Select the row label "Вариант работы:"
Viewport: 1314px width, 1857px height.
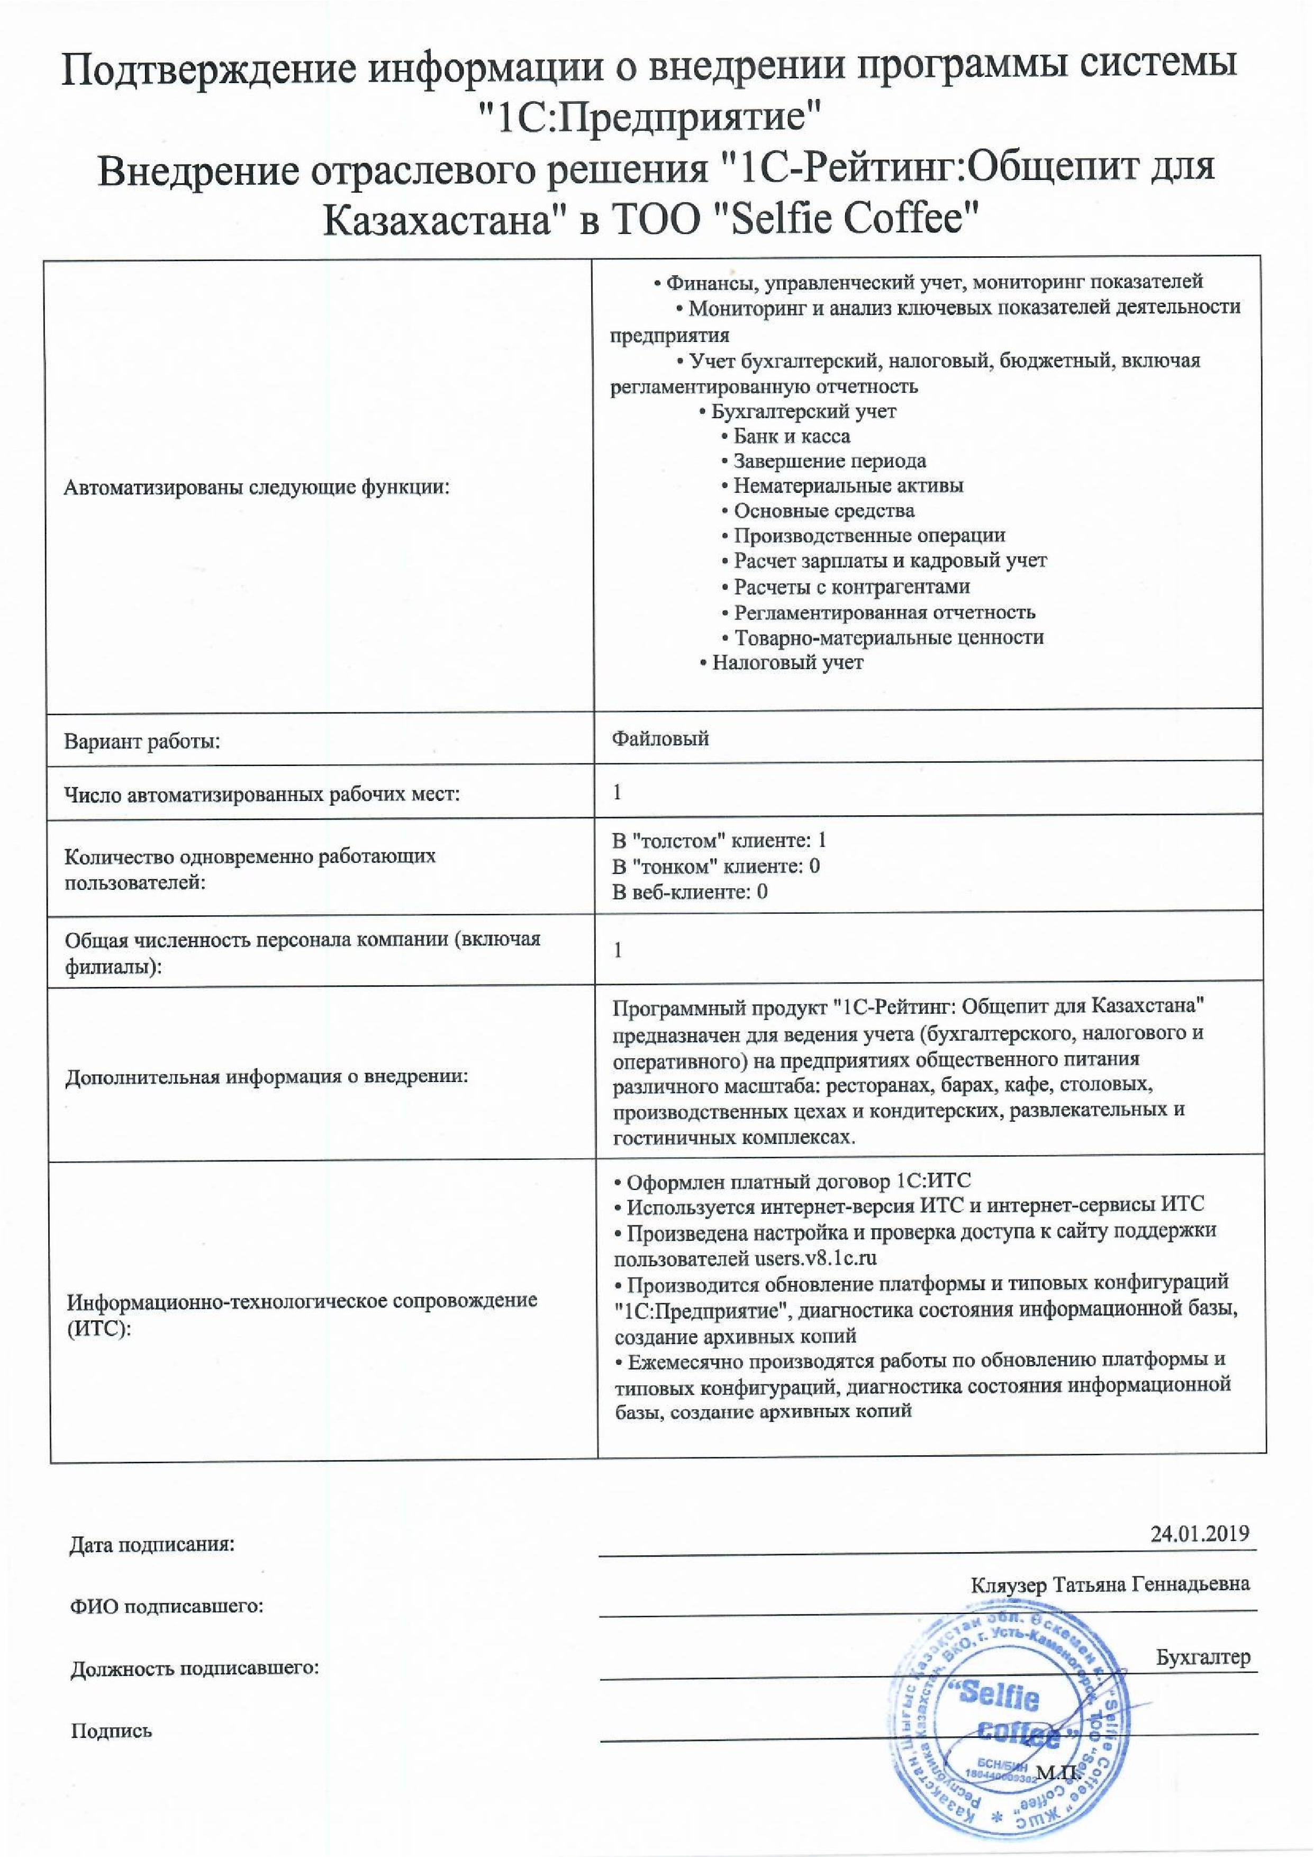pos(142,741)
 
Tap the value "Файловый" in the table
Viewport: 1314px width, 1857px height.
pos(660,738)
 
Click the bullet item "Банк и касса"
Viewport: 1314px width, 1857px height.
pos(791,437)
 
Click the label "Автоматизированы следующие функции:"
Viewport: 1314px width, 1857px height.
pos(257,488)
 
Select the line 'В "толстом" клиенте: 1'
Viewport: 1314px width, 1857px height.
pos(719,840)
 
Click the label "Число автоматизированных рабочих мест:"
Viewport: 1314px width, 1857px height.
pos(262,795)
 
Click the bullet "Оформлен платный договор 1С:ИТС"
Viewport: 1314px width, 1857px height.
pos(798,1182)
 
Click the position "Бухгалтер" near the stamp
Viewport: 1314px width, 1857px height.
pos(1202,1657)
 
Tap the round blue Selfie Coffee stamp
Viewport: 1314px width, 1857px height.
pos(1008,1727)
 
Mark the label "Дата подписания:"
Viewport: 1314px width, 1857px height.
pos(151,1545)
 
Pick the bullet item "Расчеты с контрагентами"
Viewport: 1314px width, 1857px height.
pos(851,587)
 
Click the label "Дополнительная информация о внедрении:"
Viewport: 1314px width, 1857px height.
pos(267,1077)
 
